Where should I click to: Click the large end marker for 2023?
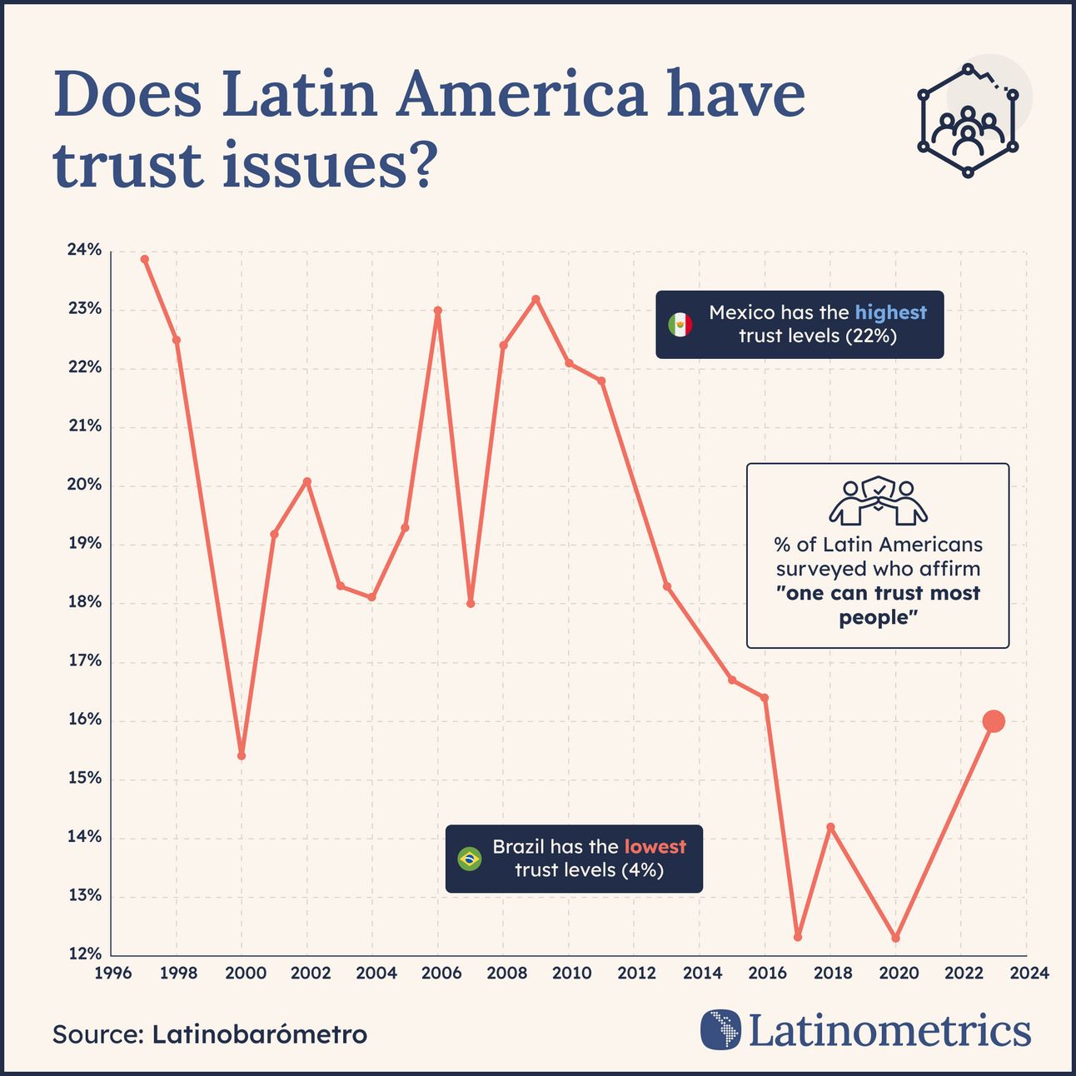[x=993, y=721]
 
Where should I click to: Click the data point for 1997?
[x=144, y=259]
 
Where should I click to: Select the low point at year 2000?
[x=242, y=756]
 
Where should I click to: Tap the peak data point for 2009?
[x=536, y=299]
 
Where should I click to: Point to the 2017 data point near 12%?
[x=798, y=937]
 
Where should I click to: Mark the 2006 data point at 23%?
[x=438, y=311]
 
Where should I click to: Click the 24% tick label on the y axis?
[x=84, y=250]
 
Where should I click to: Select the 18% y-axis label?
[x=84, y=602]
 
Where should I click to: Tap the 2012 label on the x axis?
[x=637, y=973]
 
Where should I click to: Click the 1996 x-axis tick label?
[x=112, y=973]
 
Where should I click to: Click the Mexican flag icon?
[x=680, y=325]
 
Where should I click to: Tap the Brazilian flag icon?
[x=470, y=859]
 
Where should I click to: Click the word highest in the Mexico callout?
[x=890, y=312]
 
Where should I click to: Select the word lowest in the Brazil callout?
[x=655, y=847]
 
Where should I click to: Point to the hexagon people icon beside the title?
[x=969, y=121]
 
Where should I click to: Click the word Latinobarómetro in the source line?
[x=259, y=1034]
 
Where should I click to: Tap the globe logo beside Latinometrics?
[x=721, y=1030]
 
